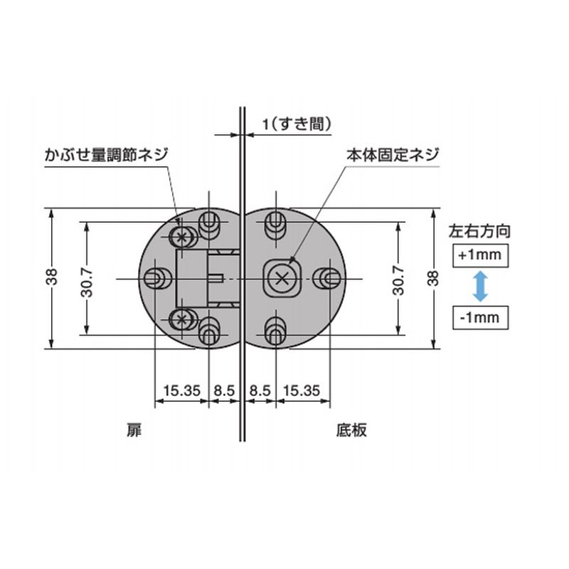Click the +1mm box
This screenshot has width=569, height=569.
point(480,255)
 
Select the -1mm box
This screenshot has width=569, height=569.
point(480,317)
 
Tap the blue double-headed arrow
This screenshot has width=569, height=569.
point(480,287)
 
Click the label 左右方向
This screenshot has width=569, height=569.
point(479,231)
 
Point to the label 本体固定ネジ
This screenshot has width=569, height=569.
point(393,155)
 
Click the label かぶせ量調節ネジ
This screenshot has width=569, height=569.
point(107,155)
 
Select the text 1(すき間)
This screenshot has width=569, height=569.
point(297,124)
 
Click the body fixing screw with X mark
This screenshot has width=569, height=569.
point(282,279)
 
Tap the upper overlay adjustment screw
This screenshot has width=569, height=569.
point(181,238)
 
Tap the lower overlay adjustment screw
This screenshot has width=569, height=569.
point(181,319)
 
